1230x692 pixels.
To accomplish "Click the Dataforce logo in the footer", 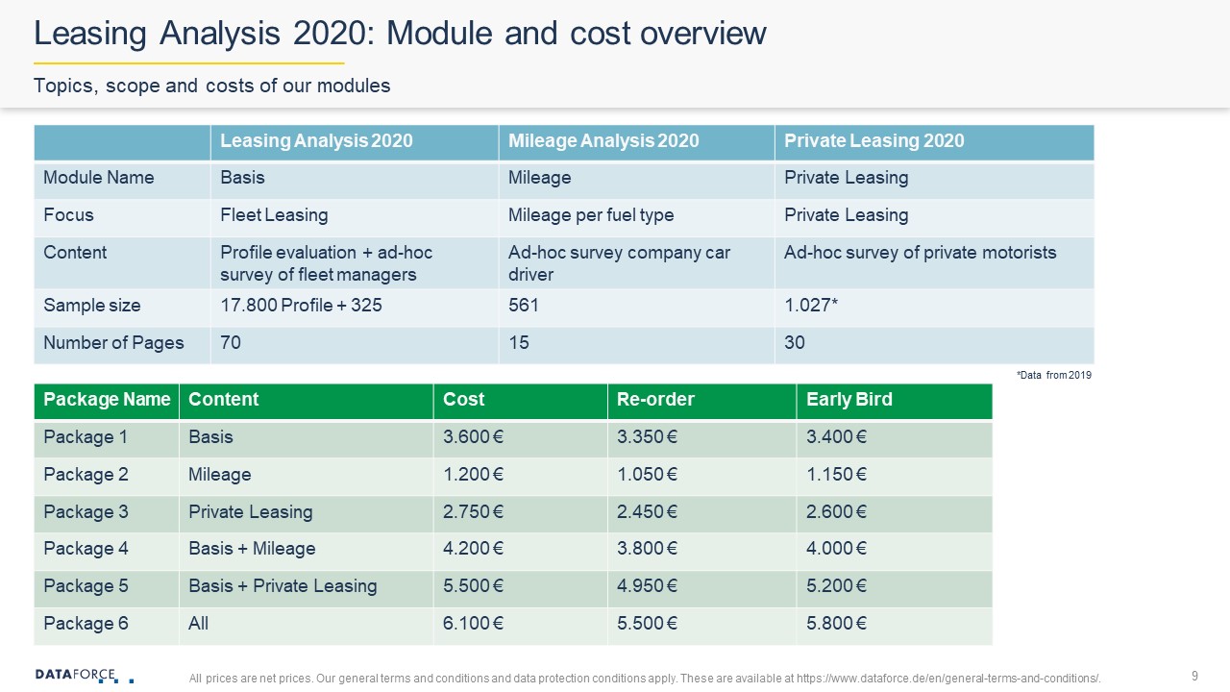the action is pos(85,676).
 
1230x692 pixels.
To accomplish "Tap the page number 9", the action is pos(1194,676).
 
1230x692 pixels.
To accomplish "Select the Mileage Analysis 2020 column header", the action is pos(603,140).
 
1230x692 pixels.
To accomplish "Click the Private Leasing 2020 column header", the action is pos(874,140).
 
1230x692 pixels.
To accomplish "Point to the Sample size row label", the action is pos(91,305).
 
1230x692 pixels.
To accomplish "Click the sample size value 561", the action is pos(524,305).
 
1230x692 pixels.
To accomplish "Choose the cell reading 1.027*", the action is pos(811,305).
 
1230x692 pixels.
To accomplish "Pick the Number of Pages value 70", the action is pos(231,342).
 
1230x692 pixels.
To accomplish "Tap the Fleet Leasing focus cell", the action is pos(274,214).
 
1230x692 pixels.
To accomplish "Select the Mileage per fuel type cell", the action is pos(591,214).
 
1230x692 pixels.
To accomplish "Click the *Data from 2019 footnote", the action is pos(1054,375).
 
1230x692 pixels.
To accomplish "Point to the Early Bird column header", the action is pos(849,399).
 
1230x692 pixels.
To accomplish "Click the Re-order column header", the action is pos(655,399).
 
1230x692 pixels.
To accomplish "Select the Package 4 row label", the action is pos(86,548).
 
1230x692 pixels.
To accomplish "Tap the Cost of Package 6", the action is pos(473,624).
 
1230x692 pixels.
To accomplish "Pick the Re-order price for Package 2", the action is pos(647,474).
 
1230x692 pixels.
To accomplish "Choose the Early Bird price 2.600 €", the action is pos(836,511).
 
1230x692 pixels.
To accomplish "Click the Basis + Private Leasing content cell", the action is pos(283,586).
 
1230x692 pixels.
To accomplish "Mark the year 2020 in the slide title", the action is pos(330,33).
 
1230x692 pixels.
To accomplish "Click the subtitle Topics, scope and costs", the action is pos(212,86).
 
